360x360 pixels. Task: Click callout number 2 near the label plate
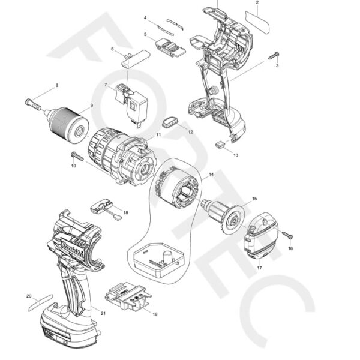coord(257,3)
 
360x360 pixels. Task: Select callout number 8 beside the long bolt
coord(57,86)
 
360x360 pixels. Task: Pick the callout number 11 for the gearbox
coord(158,136)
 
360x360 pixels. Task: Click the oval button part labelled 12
coord(171,122)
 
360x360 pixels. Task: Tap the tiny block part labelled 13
coord(220,144)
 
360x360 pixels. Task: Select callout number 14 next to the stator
coord(211,175)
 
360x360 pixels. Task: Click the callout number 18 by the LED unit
coord(125,213)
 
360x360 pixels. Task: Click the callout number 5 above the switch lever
coord(145,35)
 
